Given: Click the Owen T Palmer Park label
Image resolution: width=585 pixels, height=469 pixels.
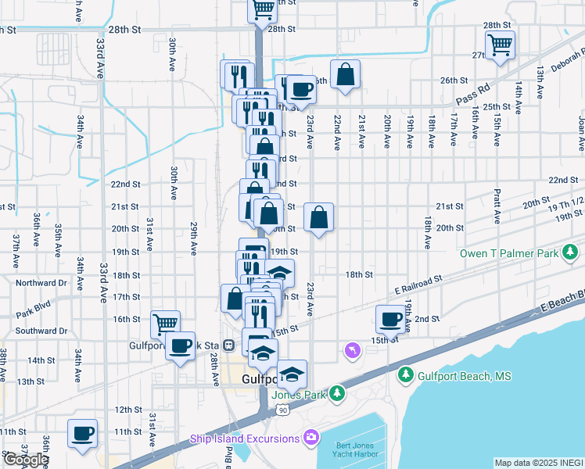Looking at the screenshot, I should pyautogui.click(x=509, y=253).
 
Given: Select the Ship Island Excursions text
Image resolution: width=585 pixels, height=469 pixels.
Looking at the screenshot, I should pyautogui.click(x=245, y=439).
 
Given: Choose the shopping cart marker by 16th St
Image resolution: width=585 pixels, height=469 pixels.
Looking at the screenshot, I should pyautogui.click(x=165, y=323).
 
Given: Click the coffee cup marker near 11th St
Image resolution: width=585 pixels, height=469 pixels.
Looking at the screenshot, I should pyautogui.click(x=82, y=433).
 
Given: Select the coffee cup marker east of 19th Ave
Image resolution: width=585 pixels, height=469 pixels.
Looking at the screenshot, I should pyautogui.click(x=391, y=317).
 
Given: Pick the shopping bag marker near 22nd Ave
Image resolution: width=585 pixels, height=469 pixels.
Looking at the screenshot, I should pyautogui.click(x=344, y=75).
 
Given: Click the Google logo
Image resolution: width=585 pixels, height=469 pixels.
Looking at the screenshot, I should pyautogui.click(x=26, y=460).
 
